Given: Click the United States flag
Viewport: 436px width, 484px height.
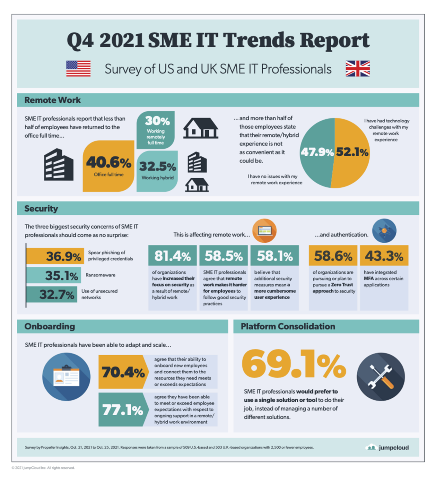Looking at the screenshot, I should point(78,69).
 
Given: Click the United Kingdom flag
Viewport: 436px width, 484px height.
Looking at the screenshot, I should point(358,69).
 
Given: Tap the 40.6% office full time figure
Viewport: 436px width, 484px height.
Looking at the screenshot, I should point(108,163).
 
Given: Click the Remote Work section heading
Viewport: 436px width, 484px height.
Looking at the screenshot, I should point(52,100).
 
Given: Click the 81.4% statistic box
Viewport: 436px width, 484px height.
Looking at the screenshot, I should point(173,256).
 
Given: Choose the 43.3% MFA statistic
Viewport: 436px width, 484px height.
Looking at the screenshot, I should point(384,256).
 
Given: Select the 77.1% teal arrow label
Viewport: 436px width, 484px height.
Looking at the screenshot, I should point(122,410).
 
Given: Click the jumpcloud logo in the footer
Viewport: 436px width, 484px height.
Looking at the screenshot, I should point(387,447).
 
